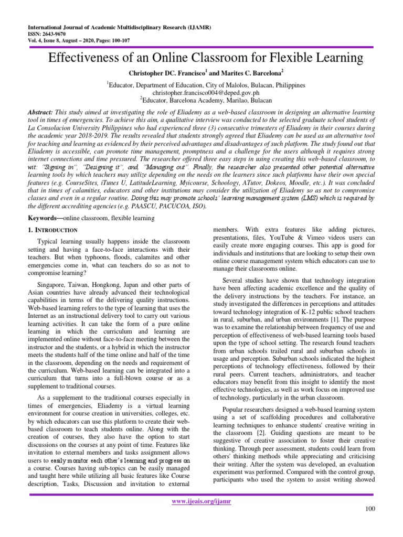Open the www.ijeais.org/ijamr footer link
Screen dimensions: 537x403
201,501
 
